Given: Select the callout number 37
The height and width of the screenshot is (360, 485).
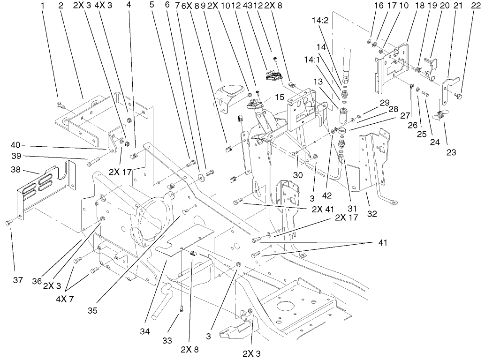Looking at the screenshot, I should tap(17, 280).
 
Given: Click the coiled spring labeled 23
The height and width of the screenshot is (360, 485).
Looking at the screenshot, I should tap(440, 114).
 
